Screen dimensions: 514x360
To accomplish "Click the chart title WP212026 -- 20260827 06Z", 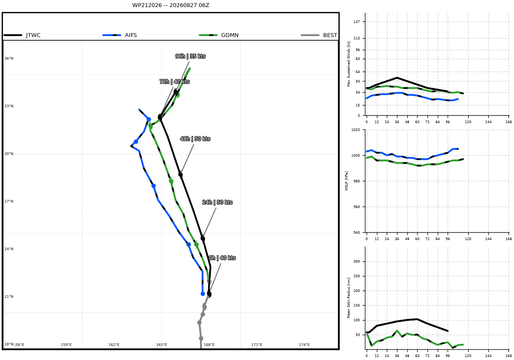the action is pyautogui.click(x=170, y=5).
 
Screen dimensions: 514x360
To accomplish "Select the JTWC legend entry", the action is pyautogui.click(x=22, y=35).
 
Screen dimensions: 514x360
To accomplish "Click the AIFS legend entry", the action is pyautogui.click(x=120, y=35).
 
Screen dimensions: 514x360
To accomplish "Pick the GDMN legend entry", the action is pyautogui.click(x=219, y=35).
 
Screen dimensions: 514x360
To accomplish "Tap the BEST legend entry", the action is pyautogui.click(x=319, y=35).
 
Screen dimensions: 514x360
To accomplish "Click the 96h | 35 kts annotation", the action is pyautogui.click(x=191, y=56).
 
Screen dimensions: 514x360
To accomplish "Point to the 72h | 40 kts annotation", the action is pyautogui.click(x=175, y=82).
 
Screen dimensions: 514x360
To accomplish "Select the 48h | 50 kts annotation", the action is pyautogui.click(x=195, y=139).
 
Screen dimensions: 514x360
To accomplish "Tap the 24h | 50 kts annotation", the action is pyautogui.click(x=217, y=202).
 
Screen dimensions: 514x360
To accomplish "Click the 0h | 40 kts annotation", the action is pyautogui.click(x=222, y=258).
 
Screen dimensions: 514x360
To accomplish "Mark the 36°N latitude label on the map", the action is pyautogui.click(x=9, y=59).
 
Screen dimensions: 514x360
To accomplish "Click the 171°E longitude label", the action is pyautogui.click(x=257, y=345).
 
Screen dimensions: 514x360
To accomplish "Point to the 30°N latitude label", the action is pyautogui.click(x=9, y=154).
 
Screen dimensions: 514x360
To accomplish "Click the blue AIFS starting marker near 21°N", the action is pyautogui.click(x=203, y=294).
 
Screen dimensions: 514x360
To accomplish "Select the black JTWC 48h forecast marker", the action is pyautogui.click(x=181, y=175).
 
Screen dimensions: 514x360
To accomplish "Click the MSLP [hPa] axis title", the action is pyautogui.click(x=347, y=181).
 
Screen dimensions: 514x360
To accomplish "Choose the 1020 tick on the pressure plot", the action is pyautogui.click(x=356, y=130).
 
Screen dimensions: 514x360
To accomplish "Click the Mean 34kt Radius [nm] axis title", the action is pyautogui.click(x=349, y=298).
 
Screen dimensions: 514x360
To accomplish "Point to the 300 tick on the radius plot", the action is pyautogui.click(x=357, y=261).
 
